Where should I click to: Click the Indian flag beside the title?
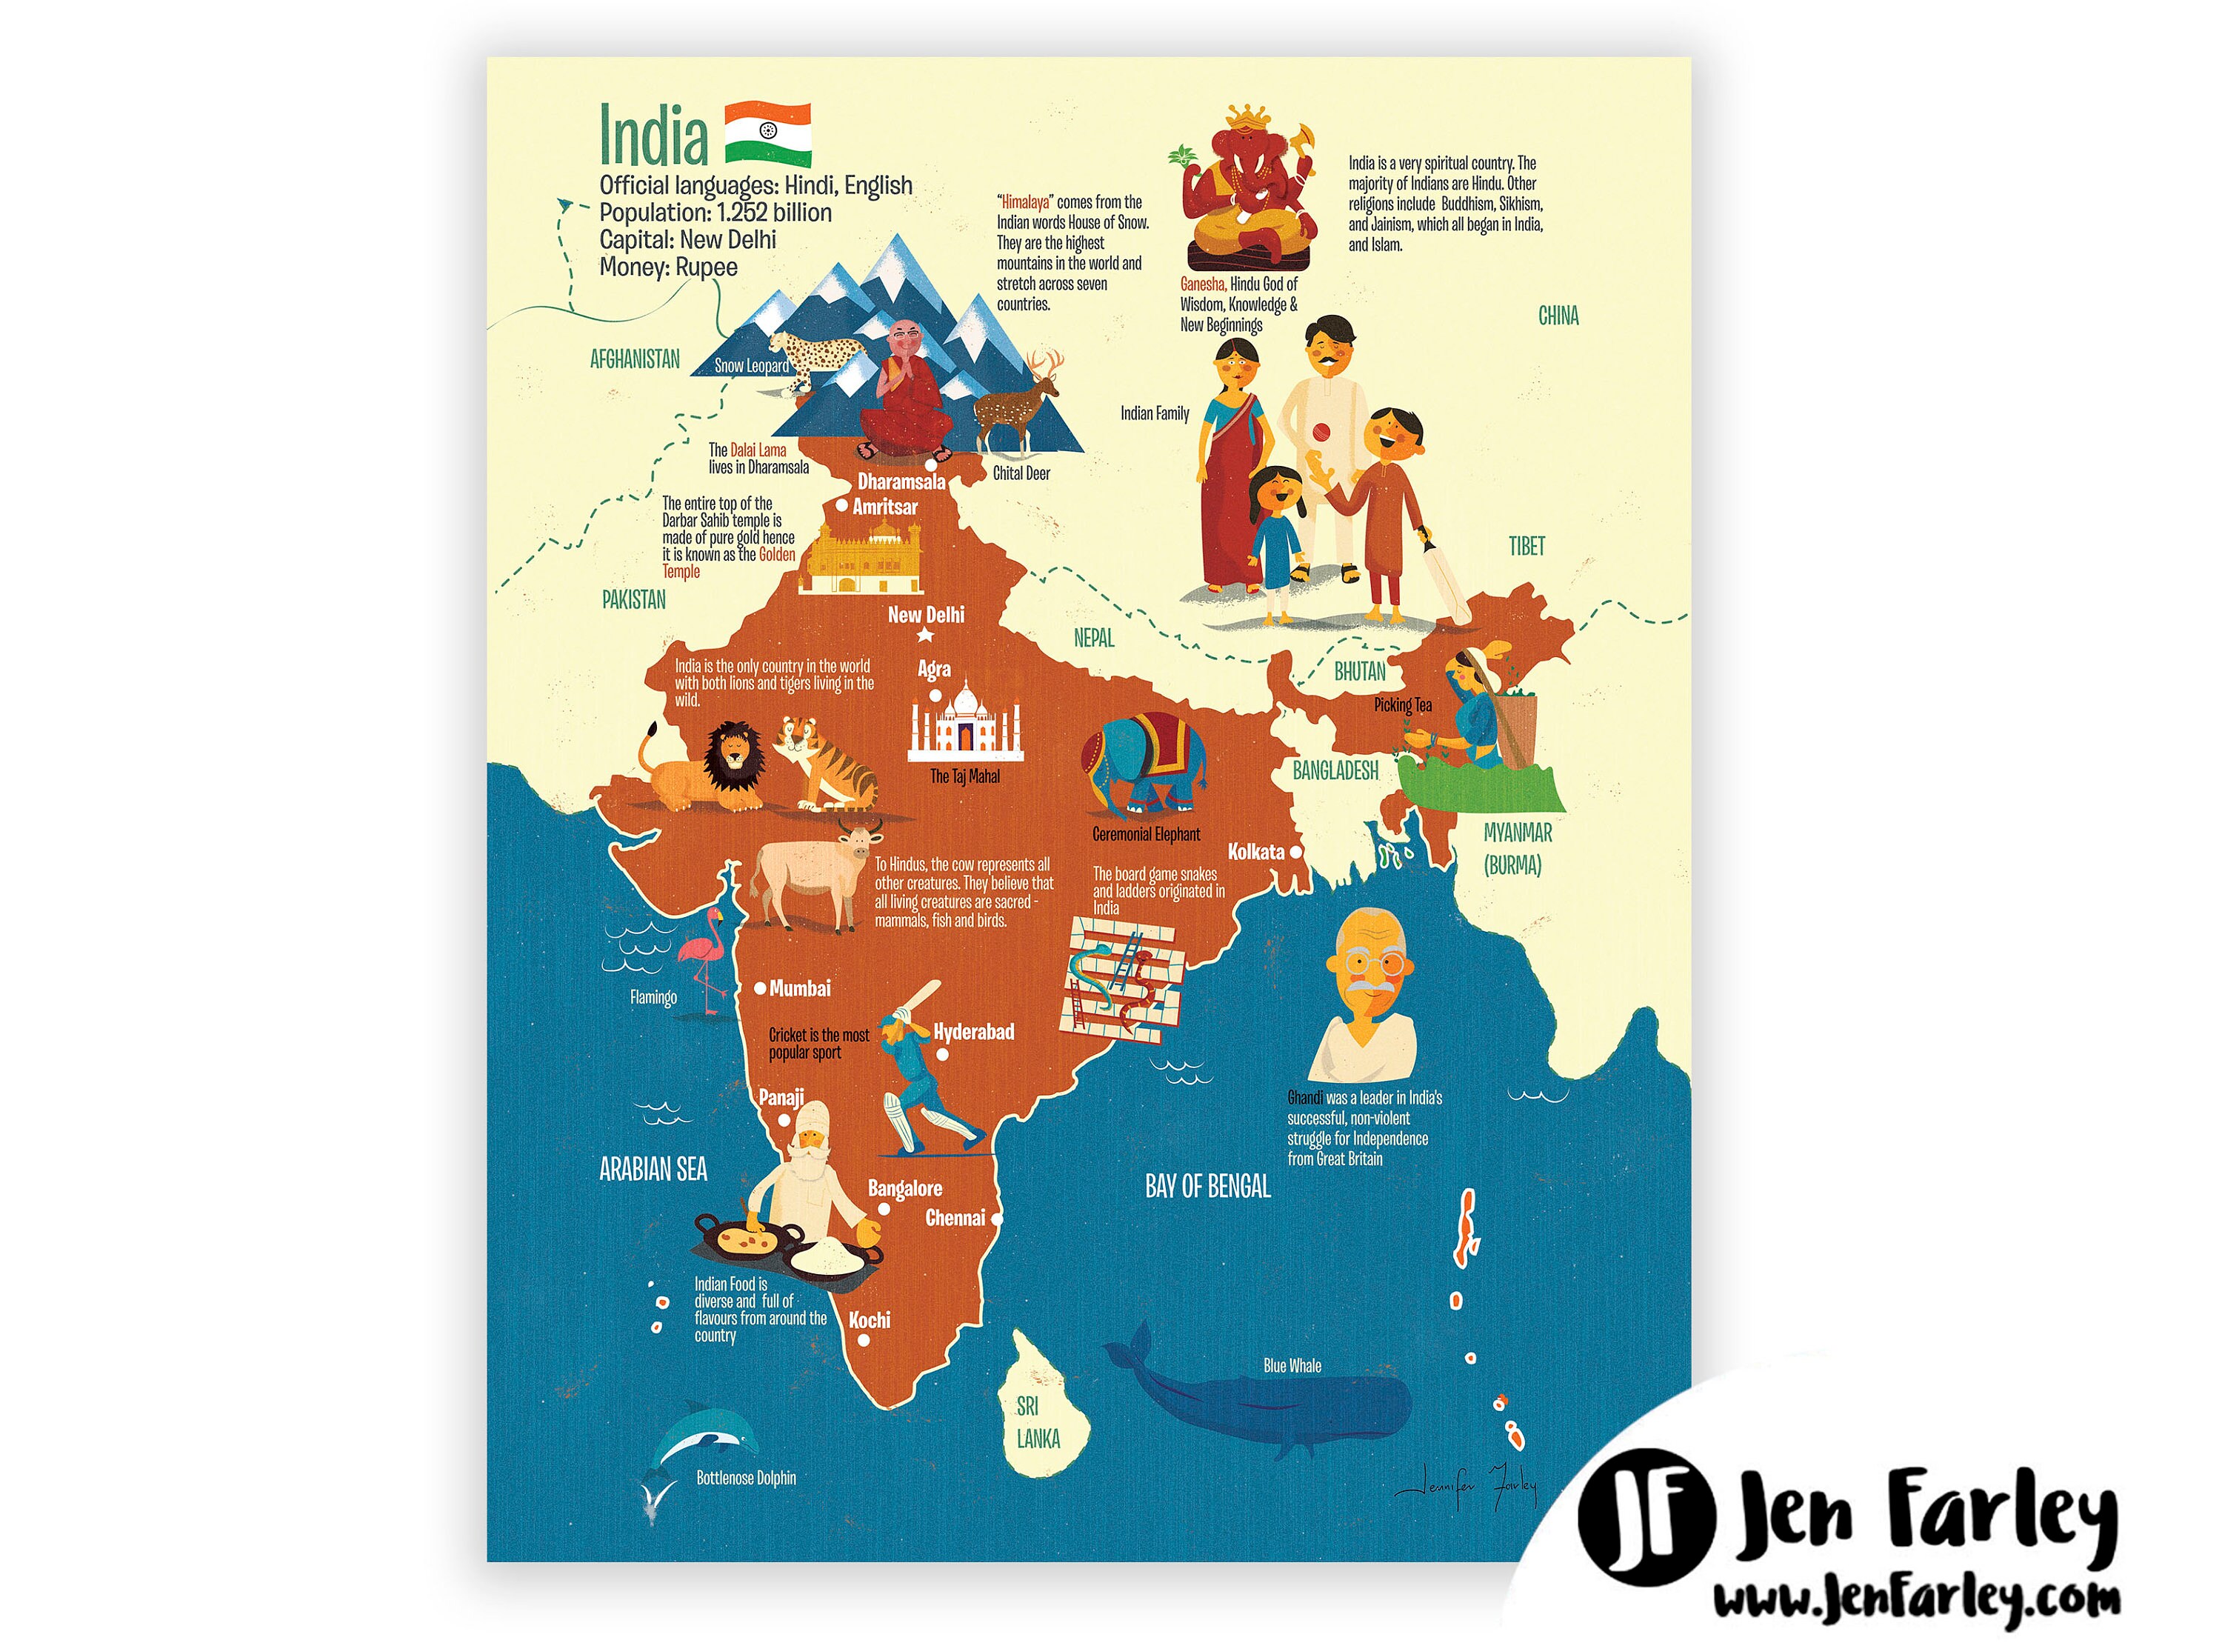(x=767, y=133)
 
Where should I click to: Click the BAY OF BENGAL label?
(x=1207, y=1187)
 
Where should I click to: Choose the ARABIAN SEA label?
(x=653, y=1170)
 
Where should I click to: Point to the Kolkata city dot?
(x=1295, y=853)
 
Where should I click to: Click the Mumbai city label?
(x=799, y=989)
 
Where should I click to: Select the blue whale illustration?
(x=1272, y=1402)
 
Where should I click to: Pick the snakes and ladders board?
(x=1124, y=979)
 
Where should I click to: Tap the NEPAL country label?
(x=1094, y=639)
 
